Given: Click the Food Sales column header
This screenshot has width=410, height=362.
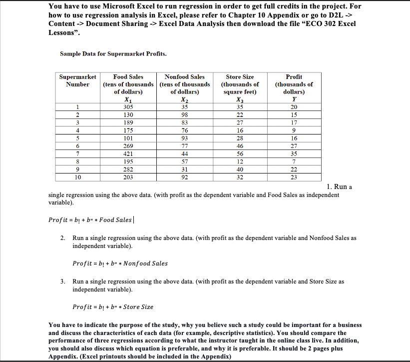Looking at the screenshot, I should pos(128,76).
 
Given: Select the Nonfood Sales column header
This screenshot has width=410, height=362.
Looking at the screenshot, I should pos(184,76).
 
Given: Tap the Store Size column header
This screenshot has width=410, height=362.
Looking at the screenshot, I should pos(240,76).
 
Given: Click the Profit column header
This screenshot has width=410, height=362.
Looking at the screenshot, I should pos(294,76).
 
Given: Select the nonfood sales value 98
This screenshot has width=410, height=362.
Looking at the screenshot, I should pos(184,114).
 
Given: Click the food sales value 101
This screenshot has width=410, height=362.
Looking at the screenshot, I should pos(128,139).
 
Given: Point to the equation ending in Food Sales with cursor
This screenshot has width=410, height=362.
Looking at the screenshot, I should pos(90,220).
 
